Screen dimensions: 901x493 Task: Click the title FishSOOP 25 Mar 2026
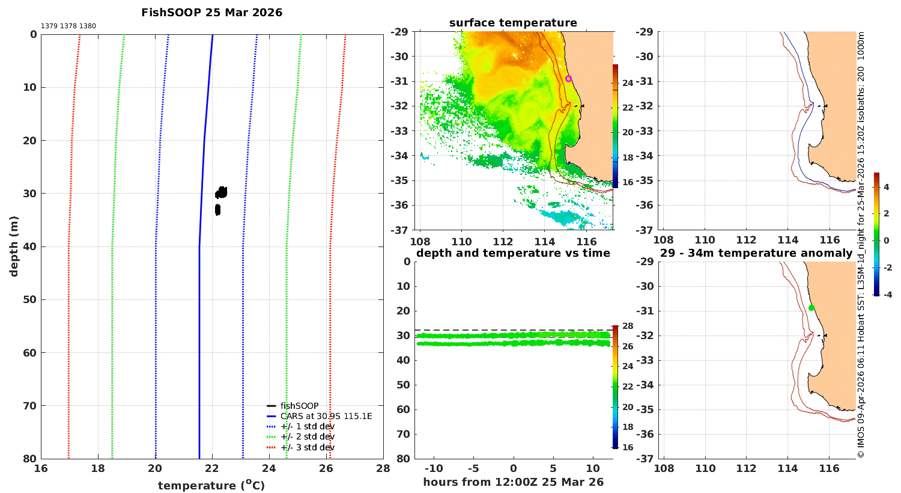click(x=211, y=13)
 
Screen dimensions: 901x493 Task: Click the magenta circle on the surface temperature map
click(x=568, y=79)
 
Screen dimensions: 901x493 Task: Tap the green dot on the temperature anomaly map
click(x=812, y=308)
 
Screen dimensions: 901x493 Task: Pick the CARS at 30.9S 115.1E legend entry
click(x=320, y=416)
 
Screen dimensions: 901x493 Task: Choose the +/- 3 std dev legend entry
click(x=300, y=447)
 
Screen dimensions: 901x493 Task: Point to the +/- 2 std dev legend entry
click(x=300, y=436)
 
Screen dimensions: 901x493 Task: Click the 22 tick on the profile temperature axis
click(x=212, y=468)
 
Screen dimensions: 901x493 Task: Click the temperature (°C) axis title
click(x=211, y=485)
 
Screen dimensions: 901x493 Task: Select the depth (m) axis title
click(x=14, y=246)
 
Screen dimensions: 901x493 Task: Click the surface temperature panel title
click(x=513, y=23)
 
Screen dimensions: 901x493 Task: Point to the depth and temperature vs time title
click(x=513, y=253)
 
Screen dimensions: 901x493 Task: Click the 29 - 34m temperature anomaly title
click(x=756, y=253)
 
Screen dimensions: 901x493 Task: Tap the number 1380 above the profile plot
click(x=87, y=26)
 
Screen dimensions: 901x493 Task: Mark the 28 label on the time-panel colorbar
click(x=628, y=326)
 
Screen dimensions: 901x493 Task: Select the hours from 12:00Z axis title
click(x=513, y=482)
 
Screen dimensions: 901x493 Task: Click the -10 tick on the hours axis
click(x=434, y=468)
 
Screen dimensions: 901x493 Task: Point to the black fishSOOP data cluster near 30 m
click(x=221, y=193)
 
